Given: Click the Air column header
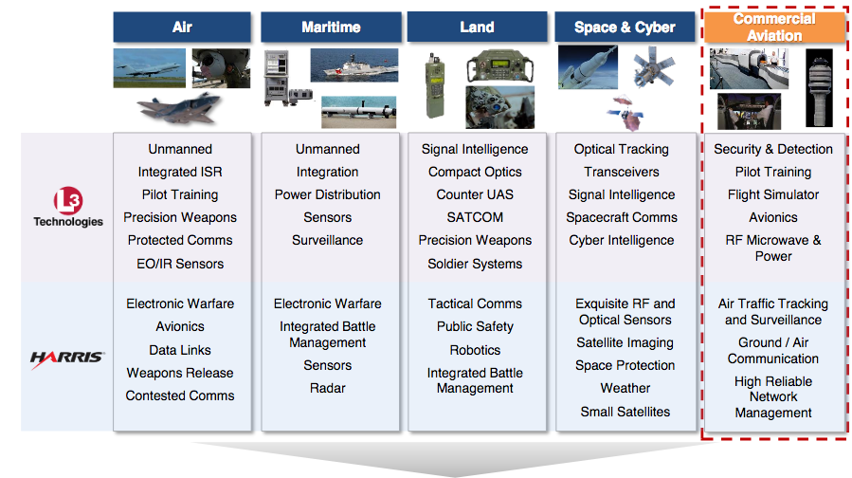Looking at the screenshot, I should pos(182,27).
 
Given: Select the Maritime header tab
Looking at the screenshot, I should pos(330,27).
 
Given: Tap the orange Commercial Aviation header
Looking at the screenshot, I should pos(773,27).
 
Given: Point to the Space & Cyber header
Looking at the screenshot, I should pos(625,27).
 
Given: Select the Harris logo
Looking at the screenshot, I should pos(67,359).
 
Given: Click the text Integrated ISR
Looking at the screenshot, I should pos(180,172).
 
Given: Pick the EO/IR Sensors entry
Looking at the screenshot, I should pos(180,264).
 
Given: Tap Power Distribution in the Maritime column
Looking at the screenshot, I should pos(328,194).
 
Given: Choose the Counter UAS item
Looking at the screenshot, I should pos(475,194).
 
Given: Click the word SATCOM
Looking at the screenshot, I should pos(475,217).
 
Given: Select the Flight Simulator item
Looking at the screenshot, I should pos(773,194).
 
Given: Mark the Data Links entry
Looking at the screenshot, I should pos(180,350).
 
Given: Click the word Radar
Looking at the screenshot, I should pos(328,388).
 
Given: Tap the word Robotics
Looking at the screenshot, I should pos(475,349).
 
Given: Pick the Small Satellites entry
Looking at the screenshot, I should pos(625,412).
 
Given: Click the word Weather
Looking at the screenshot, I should pos(625,388).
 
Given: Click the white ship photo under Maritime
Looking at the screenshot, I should pos(353,65).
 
